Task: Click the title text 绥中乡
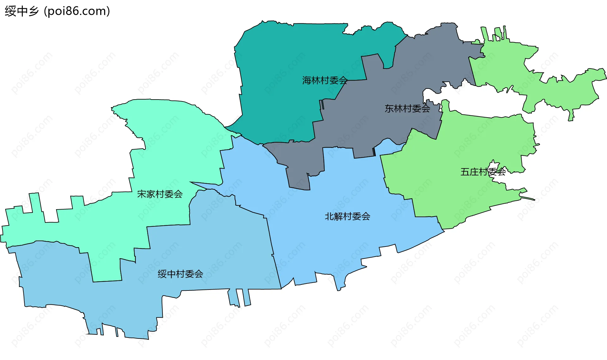pyautogui.click(x=21, y=11)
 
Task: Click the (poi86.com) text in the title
pyautogui.click(x=77, y=11)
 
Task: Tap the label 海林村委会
pyautogui.click(x=325, y=80)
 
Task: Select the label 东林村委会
pyautogui.click(x=407, y=108)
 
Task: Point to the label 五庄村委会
pyautogui.click(x=483, y=172)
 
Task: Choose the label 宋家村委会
pyautogui.click(x=160, y=194)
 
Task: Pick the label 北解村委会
pyautogui.click(x=347, y=216)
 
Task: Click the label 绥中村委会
pyautogui.click(x=180, y=274)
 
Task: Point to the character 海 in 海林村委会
pyautogui.click(x=307, y=80)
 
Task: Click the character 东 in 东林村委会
pyautogui.click(x=389, y=108)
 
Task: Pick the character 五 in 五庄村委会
pyautogui.click(x=465, y=172)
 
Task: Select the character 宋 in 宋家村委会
pyautogui.click(x=142, y=194)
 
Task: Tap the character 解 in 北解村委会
pyautogui.click(x=338, y=216)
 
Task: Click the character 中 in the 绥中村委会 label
pyautogui.click(x=171, y=274)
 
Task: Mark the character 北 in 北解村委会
pyautogui.click(x=329, y=216)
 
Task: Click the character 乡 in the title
pyautogui.click(x=33, y=11)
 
